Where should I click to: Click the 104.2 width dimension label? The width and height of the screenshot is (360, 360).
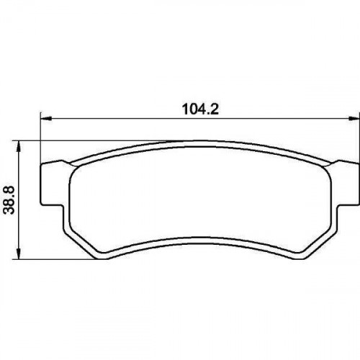pos(200,109)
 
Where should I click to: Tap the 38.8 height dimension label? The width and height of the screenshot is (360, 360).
pos(9,201)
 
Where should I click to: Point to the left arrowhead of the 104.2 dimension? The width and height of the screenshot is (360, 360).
pos(46,118)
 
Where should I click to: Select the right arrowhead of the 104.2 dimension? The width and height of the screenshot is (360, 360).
pos(354,118)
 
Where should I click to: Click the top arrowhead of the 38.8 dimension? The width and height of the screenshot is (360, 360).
pos(18,146)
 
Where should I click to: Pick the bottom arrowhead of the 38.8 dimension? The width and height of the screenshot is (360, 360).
pos(18,253)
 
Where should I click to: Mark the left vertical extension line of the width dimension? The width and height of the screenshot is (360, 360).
pos(40,138)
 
